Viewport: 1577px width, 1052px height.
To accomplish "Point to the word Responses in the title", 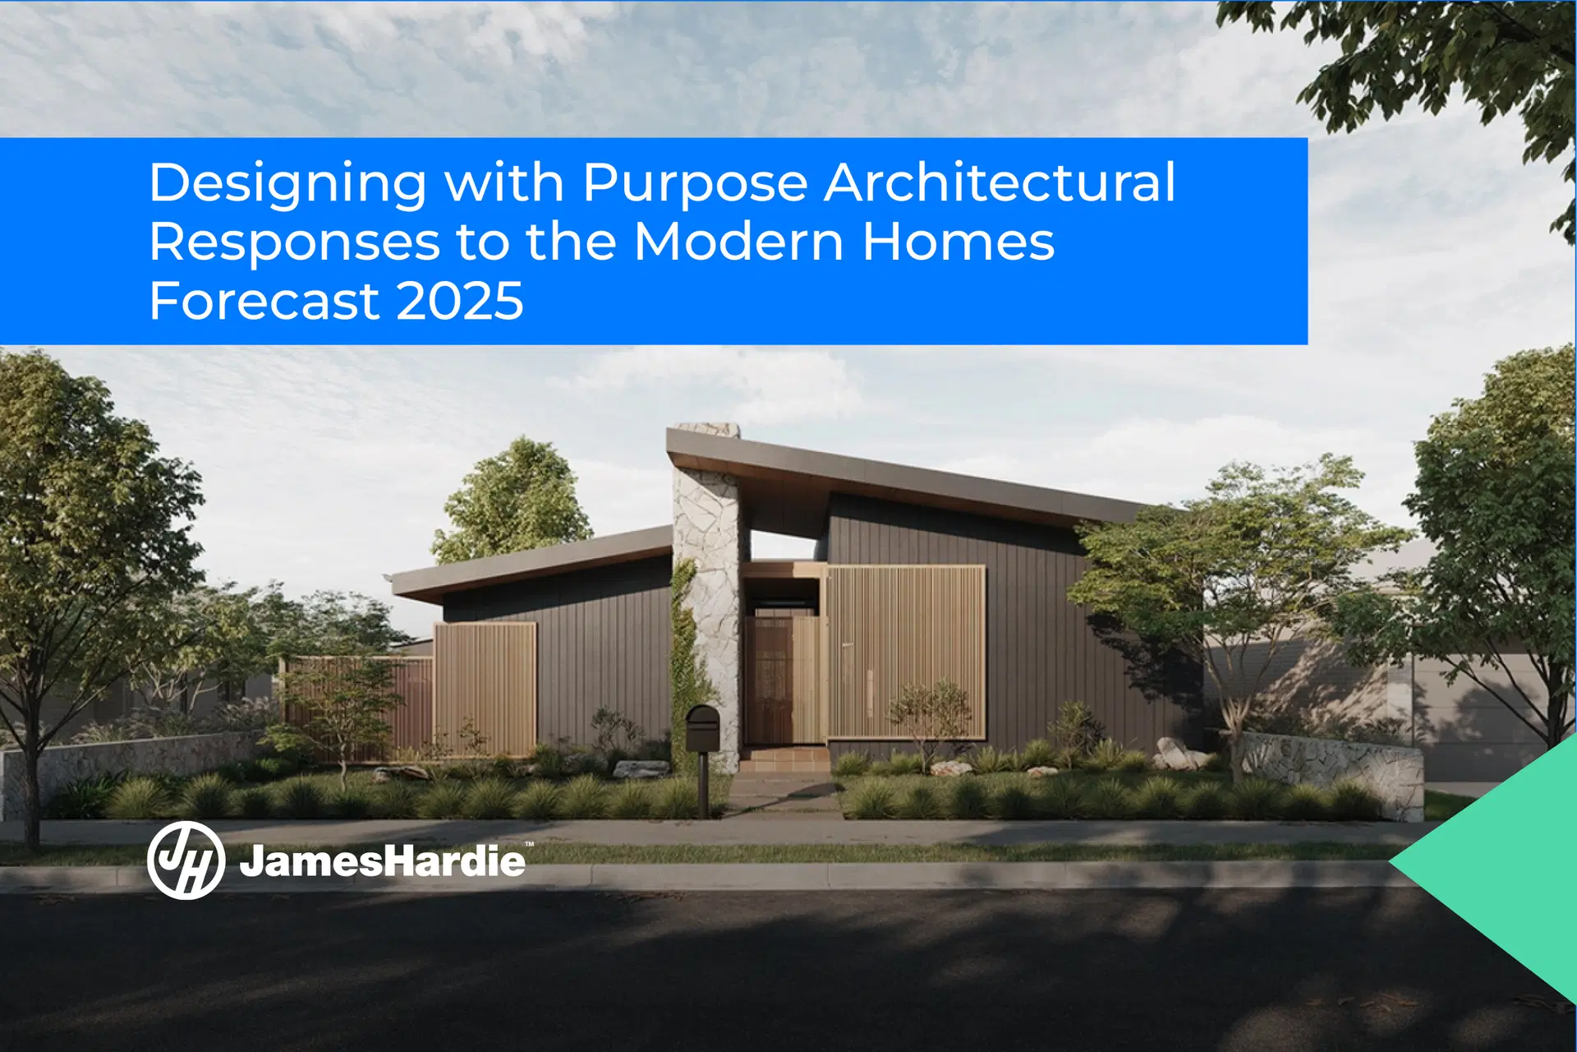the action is tap(295, 243).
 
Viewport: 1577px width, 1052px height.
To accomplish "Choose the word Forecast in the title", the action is tap(264, 301).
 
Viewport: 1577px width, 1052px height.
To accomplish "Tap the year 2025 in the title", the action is tap(460, 301).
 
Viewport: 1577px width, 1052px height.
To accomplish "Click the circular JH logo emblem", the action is tap(186, 861).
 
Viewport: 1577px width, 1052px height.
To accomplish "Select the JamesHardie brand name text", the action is tap(382, 861).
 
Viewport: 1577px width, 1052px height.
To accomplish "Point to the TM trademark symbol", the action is tap(530, 844).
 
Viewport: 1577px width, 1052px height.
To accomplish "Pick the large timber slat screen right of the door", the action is tap(906, 652).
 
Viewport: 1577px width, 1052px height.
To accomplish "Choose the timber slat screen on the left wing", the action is tap(485, 689).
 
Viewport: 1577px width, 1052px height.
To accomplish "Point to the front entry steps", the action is tap(784, 759).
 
